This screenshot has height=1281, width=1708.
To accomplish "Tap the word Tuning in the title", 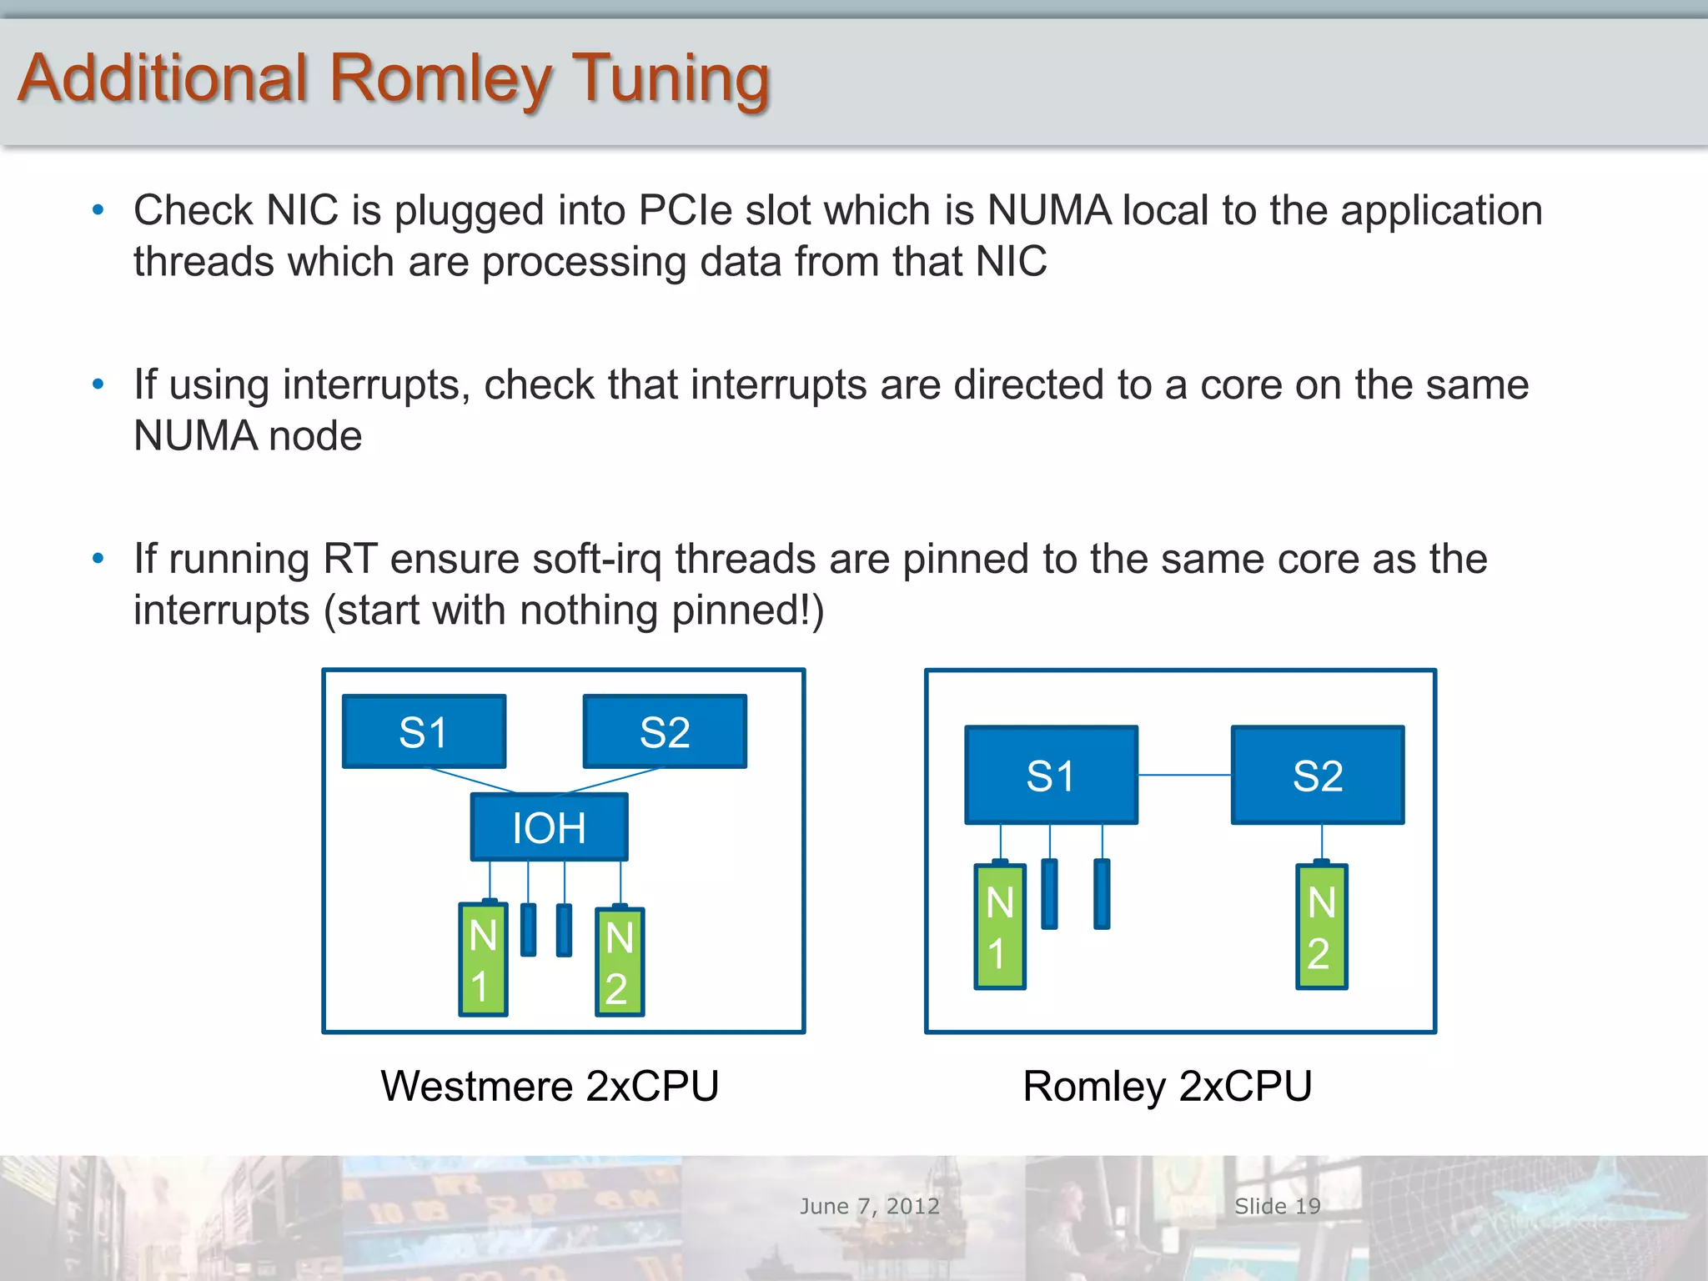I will (x=671, y=79).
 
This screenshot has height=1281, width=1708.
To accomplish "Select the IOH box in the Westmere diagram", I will (x=549, y=827).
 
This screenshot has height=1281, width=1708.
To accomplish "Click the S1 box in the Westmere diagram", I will (x=424, y=731).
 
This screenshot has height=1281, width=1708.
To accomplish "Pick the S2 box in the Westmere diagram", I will (x=665, y=731).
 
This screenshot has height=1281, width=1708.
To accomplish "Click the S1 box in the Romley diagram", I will (x=1051, y=775).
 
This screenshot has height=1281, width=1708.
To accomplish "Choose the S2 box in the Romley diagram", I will (x=1318, y=775).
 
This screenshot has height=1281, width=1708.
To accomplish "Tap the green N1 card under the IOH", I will (x=483, y=959).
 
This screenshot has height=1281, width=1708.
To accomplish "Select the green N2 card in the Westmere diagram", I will (x=619, y=962).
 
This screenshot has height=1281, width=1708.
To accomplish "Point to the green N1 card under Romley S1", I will (x=999, y=927).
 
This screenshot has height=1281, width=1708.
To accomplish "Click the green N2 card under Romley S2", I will (x=1321, y=927).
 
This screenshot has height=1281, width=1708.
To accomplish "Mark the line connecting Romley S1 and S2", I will (x=1184, y=775).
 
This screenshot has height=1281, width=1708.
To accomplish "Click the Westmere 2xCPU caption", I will (x=550, y=1086).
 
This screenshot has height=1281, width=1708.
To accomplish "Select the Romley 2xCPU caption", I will (x=1168, y=1086).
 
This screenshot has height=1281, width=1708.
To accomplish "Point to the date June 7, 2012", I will (x=869, y=1206).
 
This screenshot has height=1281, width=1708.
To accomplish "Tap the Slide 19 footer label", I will (x=1277, y=1206).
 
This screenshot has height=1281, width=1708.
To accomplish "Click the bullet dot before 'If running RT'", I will (x=98, y=558).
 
